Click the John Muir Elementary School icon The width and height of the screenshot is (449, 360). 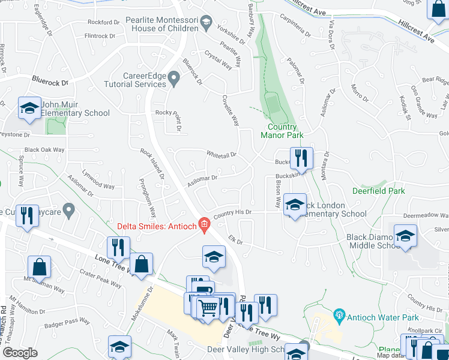pos(29,109)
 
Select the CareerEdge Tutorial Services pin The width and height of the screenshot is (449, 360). pos(174,77)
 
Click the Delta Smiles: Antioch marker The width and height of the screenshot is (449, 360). pos(204,225)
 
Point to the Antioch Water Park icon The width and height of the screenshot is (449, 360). pos(339,314)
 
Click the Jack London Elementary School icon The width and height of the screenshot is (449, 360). pos(295,205)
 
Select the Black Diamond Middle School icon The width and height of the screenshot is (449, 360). pos(405,235)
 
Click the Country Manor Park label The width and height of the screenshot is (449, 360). pos(282,131)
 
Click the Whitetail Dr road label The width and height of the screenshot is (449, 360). pos(221,154)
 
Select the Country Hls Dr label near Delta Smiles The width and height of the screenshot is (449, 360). pos(231,213)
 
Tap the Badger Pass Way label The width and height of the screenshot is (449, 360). pos(68,325)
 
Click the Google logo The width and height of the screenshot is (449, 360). pos(20,352)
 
